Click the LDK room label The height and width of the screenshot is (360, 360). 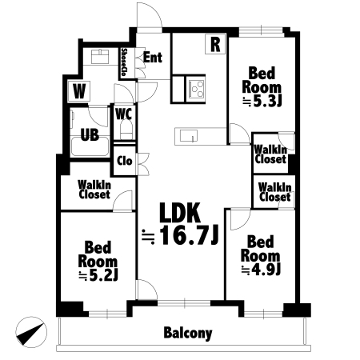[180, 213]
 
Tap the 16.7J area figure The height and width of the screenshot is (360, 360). [189, 235]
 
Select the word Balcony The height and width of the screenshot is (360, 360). [188, 333]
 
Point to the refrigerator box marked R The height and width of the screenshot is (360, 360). [215, 44]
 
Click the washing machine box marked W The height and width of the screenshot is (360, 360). [79, 91]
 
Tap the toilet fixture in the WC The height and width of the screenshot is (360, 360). [126, 130]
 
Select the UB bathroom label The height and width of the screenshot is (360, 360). [90, 135]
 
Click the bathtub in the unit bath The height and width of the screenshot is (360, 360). [90, 146]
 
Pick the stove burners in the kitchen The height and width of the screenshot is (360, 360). [196, 89]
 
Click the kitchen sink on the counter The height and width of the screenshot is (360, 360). [189, 136]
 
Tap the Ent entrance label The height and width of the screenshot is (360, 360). [153, 58]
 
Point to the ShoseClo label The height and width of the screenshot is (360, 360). [124, 62]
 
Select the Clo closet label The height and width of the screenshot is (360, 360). [125, 161]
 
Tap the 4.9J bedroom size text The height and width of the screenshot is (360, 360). [261, 270]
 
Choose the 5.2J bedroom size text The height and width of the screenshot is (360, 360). [98, 276]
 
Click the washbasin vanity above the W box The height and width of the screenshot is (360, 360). [100, 57]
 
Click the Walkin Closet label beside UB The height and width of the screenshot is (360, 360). [94, 190]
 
